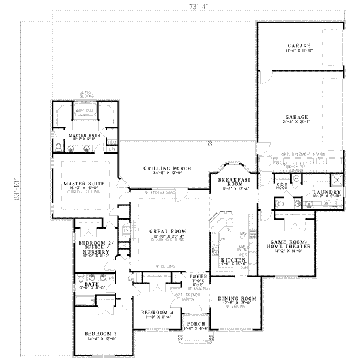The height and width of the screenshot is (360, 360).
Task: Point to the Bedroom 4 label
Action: pos(156,313)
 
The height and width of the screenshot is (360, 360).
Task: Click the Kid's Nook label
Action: pos(282,186)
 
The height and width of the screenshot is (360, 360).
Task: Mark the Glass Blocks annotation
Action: pos(85,95)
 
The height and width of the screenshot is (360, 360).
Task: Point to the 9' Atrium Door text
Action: pos(160,194)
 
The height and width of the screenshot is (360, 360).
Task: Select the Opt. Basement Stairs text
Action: pos(303,154)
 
